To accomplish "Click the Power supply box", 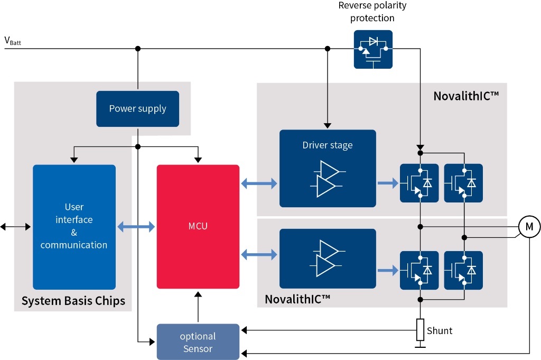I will click(137, 109).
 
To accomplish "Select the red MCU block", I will click(198, 226).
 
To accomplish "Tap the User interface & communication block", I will click(74, 226).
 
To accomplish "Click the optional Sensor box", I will click(198, 341).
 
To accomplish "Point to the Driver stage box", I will click(328, 168).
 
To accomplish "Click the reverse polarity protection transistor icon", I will click(373, 49).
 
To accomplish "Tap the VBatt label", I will click(13, 41).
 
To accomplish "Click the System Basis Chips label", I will click(73, 301).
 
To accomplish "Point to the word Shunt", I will click(440, 331).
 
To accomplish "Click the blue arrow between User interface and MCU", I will click(136, 227).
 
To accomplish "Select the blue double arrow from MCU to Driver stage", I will click(259, 184).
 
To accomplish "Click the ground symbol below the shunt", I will click(420, 347).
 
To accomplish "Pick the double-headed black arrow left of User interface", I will click(16, 226).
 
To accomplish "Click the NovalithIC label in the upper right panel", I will click(466, 96).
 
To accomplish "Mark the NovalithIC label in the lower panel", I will click(297, 299).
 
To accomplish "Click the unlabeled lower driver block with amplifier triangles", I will click(328, 254).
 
